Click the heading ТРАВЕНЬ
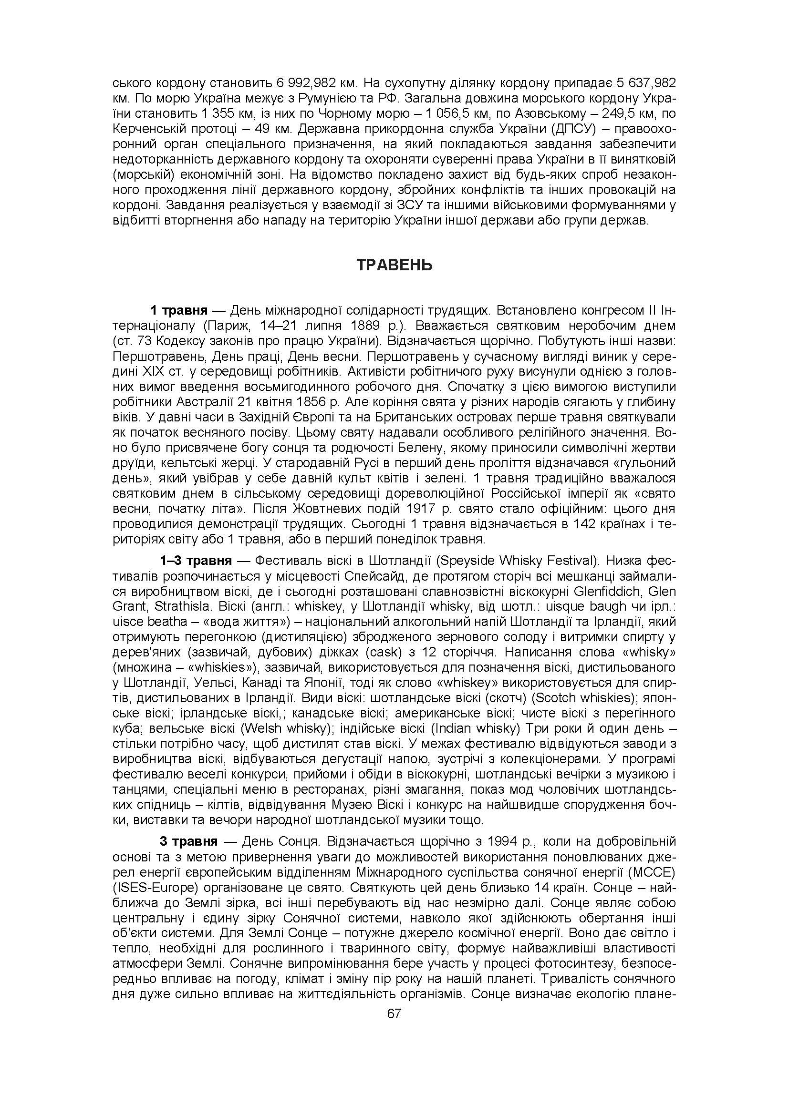(x=394, y=265)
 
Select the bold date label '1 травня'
(x=179, y=310)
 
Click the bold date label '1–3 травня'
(x=196, y=561)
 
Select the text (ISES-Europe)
(x=155, y=887)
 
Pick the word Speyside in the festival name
(x=464, y=561)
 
